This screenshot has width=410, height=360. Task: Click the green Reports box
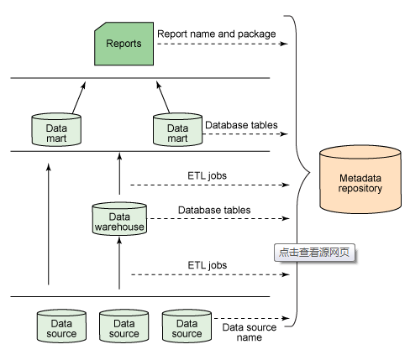[x=124, y=44]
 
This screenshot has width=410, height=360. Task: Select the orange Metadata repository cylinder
[x=360, y=180]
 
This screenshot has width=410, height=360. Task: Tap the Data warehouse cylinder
[x=119, y=219]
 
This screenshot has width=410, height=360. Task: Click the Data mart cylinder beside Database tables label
[x=177, y=129]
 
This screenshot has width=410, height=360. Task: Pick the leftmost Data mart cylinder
[x=56, y=129]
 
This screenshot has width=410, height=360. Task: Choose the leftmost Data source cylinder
[x=61, y=326]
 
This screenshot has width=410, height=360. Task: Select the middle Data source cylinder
[x=124, y=326]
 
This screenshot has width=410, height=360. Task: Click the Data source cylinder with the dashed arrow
[x=187, y=326]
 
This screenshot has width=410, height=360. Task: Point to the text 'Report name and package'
[x=217, y=34]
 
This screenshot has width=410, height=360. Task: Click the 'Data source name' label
[x=250, y=332]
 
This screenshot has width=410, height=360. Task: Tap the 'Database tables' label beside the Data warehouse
[x=214, y=210]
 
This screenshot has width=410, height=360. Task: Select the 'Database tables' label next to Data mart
[x=241, y=125]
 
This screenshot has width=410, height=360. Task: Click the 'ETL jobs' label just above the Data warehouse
[x=207, y=175]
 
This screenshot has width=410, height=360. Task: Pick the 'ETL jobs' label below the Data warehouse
[x=208, y=265]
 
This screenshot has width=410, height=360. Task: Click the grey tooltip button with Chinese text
[x=314, y=253]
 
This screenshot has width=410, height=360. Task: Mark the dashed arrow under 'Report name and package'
[x=223, y=44]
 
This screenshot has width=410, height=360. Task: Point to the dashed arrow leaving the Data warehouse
[x=218, y=218]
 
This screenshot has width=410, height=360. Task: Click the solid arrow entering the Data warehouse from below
[x=119, y=263]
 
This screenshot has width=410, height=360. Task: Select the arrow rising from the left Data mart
[x=79, y=97]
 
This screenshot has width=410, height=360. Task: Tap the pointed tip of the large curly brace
[x=310, y=173]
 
